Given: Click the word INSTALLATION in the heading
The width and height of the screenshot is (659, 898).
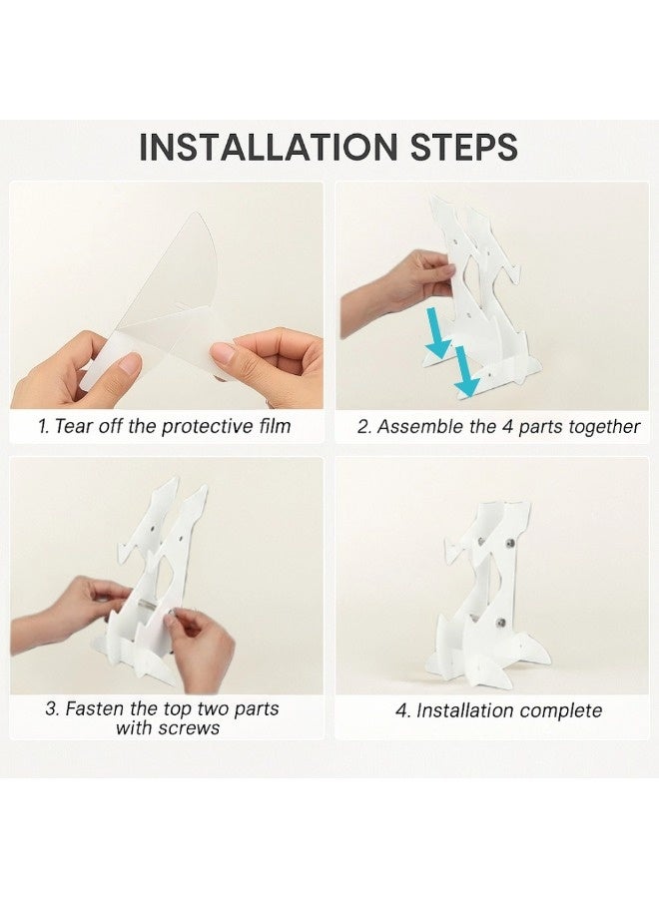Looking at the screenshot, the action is click(269, 147).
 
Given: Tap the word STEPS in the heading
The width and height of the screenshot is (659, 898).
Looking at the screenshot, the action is click(464, 147).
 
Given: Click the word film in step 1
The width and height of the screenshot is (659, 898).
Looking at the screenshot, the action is click(274, 426).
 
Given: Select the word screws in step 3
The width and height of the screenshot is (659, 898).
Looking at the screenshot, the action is click(190, 728).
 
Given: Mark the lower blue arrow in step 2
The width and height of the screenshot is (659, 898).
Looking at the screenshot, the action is click(466, 372).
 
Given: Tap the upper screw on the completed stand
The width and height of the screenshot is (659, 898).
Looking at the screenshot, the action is click(510, 543).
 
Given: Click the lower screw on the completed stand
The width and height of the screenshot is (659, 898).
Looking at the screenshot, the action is click(502, 622).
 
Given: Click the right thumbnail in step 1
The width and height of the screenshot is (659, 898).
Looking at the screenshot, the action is click(223, 353).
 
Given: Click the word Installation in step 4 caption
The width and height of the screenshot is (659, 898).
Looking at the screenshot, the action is click(454, 710).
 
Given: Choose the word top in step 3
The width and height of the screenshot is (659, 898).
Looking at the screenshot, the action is click(178, 709).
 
